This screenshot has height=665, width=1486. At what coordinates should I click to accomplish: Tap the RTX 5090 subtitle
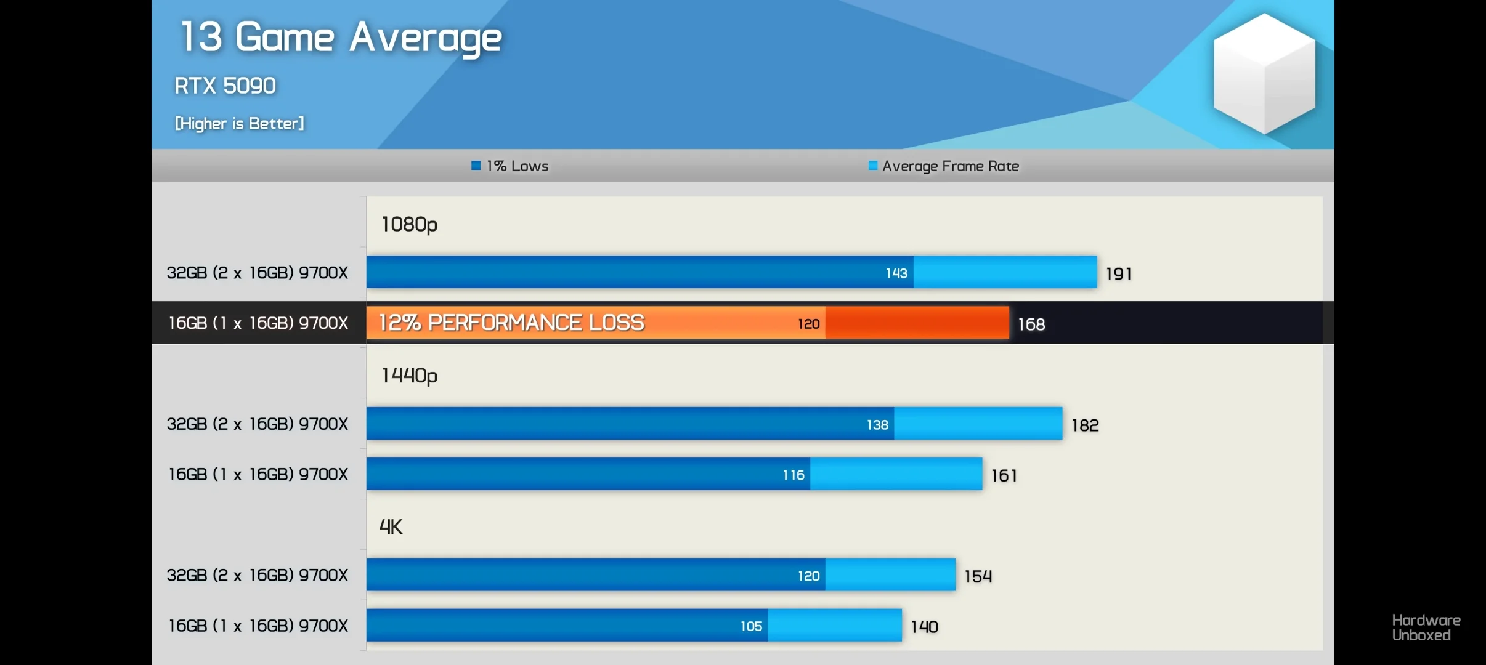click(x=225, y=86)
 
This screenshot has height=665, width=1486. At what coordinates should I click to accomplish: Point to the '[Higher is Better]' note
click(x=239, y=124)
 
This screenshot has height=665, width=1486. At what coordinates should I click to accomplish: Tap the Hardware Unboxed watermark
click(x=1426, y=627)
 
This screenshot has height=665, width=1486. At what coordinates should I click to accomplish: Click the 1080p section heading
click(x=409, y=224)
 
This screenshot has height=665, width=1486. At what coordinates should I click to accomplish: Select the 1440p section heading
click(x=409, y=376)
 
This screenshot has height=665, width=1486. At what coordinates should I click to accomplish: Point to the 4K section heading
click(x=391, y=527)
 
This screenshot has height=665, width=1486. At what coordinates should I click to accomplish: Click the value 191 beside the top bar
click(x=1118, y=274)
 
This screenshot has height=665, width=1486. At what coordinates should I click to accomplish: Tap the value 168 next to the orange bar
click(x=1031, y=324)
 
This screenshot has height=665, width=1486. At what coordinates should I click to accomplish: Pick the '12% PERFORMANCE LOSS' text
click(x=511, y=323)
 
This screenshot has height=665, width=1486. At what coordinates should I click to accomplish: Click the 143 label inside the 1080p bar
click(x=896, y=273)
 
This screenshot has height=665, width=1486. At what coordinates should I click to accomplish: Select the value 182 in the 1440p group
click(x=1085, y=425)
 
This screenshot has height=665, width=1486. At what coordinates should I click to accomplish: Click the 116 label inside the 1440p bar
click(x=794, y=475)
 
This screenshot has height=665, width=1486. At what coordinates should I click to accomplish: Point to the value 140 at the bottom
click(x=924, y=627)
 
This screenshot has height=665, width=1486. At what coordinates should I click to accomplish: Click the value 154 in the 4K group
click(x=978, y=576)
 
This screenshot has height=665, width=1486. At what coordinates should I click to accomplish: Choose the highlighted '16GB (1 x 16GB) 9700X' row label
click(x=258, y=323)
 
